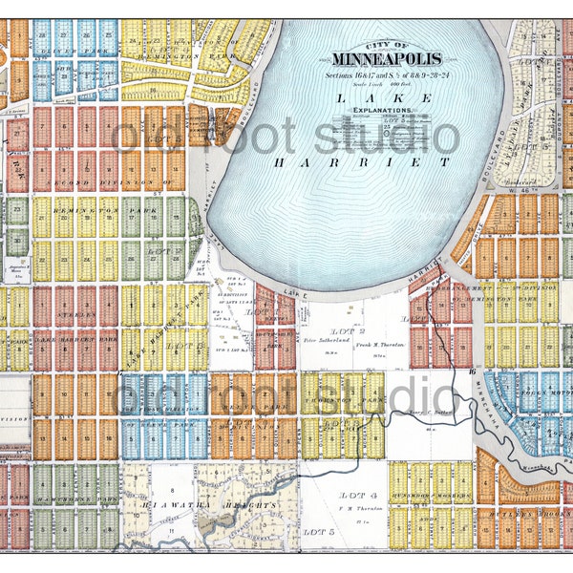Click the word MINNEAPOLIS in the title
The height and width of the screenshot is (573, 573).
(x=386, y=58)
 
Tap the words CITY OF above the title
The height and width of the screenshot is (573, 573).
(x=385, y=45)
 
